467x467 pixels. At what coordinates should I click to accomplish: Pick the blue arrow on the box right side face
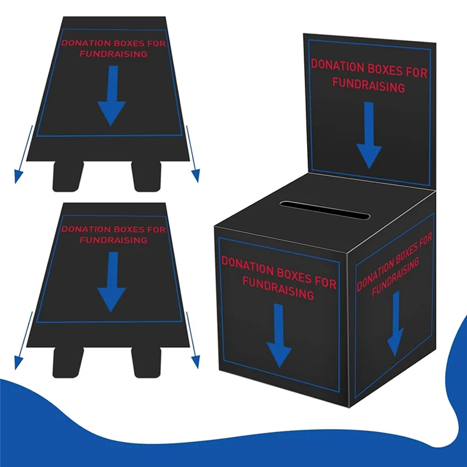click(396, 324)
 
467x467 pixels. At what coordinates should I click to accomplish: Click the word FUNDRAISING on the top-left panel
click(113, 54)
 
